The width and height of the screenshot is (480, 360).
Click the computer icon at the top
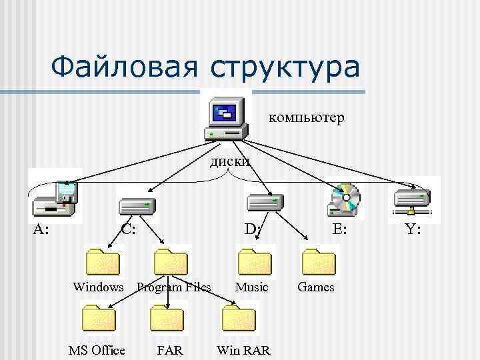225,116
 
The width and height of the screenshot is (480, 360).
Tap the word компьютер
306,118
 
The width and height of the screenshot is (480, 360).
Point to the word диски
230,161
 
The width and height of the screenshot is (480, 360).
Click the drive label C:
129,230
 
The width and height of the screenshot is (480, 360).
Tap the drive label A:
41,230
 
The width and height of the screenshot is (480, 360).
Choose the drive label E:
339,230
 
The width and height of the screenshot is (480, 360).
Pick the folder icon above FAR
167,318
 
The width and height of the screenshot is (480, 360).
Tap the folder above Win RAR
238,318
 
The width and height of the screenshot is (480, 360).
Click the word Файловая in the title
123,67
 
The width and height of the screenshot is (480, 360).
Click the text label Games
316,287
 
